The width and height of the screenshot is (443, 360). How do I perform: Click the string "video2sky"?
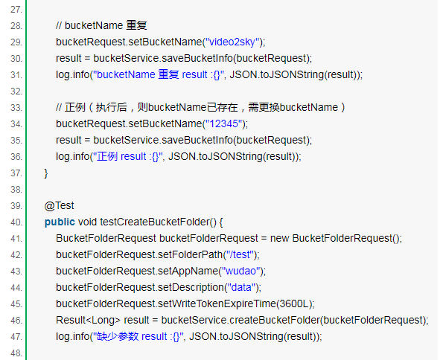(x=232, y=42)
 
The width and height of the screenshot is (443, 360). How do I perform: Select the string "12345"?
(x=224, y=124)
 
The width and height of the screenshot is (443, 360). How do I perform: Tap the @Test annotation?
(x=59, y=206)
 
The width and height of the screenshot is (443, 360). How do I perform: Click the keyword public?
(x=60, y=222)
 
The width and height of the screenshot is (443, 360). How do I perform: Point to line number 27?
(x=16, y=10)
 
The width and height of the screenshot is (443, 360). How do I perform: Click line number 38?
(x=16, y=190)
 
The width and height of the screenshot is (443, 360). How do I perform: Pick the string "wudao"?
(x=240, y=271)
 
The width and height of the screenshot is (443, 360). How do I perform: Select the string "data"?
(x=241, y=288)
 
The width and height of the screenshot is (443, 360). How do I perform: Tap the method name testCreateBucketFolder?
(x=155, y=222)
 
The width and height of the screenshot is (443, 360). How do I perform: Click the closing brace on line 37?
(x=46, y=173)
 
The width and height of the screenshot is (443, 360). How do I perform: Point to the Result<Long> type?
(x=88, y=321)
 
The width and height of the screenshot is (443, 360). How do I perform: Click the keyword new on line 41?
(x=279, y=239)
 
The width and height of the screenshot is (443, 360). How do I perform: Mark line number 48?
(x=16, y=353)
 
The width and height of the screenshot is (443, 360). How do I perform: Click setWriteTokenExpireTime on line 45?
(x=217, y=304)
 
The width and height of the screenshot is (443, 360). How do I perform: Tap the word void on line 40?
(x=88, y=222)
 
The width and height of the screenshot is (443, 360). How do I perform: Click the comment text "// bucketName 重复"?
(x=101, y=26)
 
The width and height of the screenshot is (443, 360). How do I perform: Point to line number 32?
(x=16, y=91)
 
